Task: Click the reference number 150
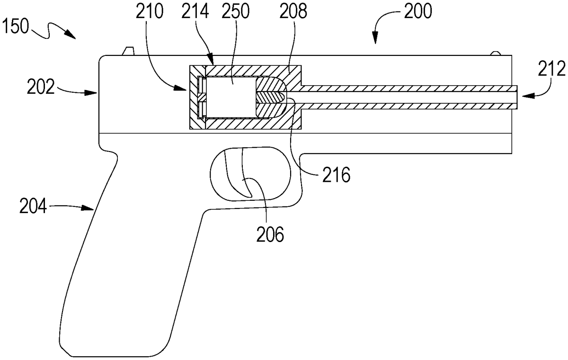pos(15,27)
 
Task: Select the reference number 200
pos(418,12)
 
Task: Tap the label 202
pos(41,87)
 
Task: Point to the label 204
pos(33,206)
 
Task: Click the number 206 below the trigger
pos(270,234)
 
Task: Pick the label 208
pos(293,12)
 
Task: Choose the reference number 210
pos(150,12)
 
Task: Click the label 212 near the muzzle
pos(552,69)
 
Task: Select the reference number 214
pos(195,12)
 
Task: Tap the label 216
pos(336,175)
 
